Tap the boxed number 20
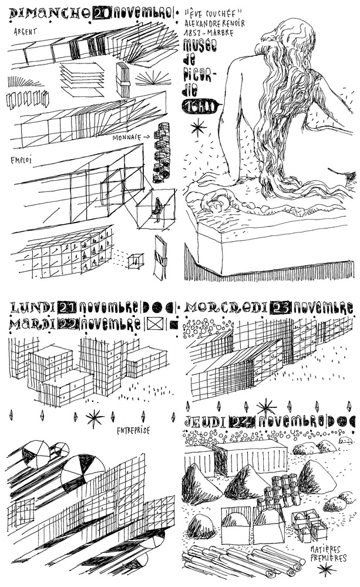coord(102,13)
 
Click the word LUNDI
coord(32,308)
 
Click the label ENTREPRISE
coord(132,430)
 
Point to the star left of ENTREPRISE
coord(94,418)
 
